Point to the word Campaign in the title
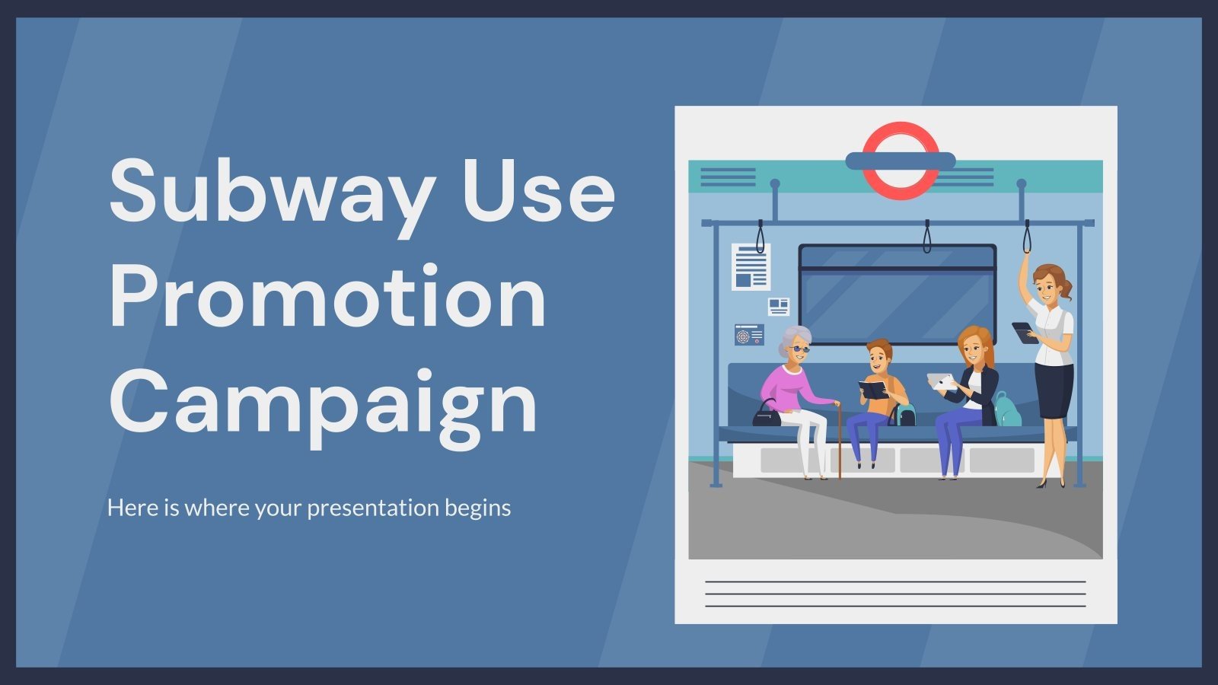coord(324,403)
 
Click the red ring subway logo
coord(901,161)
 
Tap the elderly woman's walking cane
coord(838,441)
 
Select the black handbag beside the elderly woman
coord(767,415)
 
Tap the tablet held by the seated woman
coord(940,381)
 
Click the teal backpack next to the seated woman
coord(1006,411)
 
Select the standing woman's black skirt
coord(1054,390)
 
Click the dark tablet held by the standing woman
coord(1024,332)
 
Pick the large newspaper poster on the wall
coord(751,266)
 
